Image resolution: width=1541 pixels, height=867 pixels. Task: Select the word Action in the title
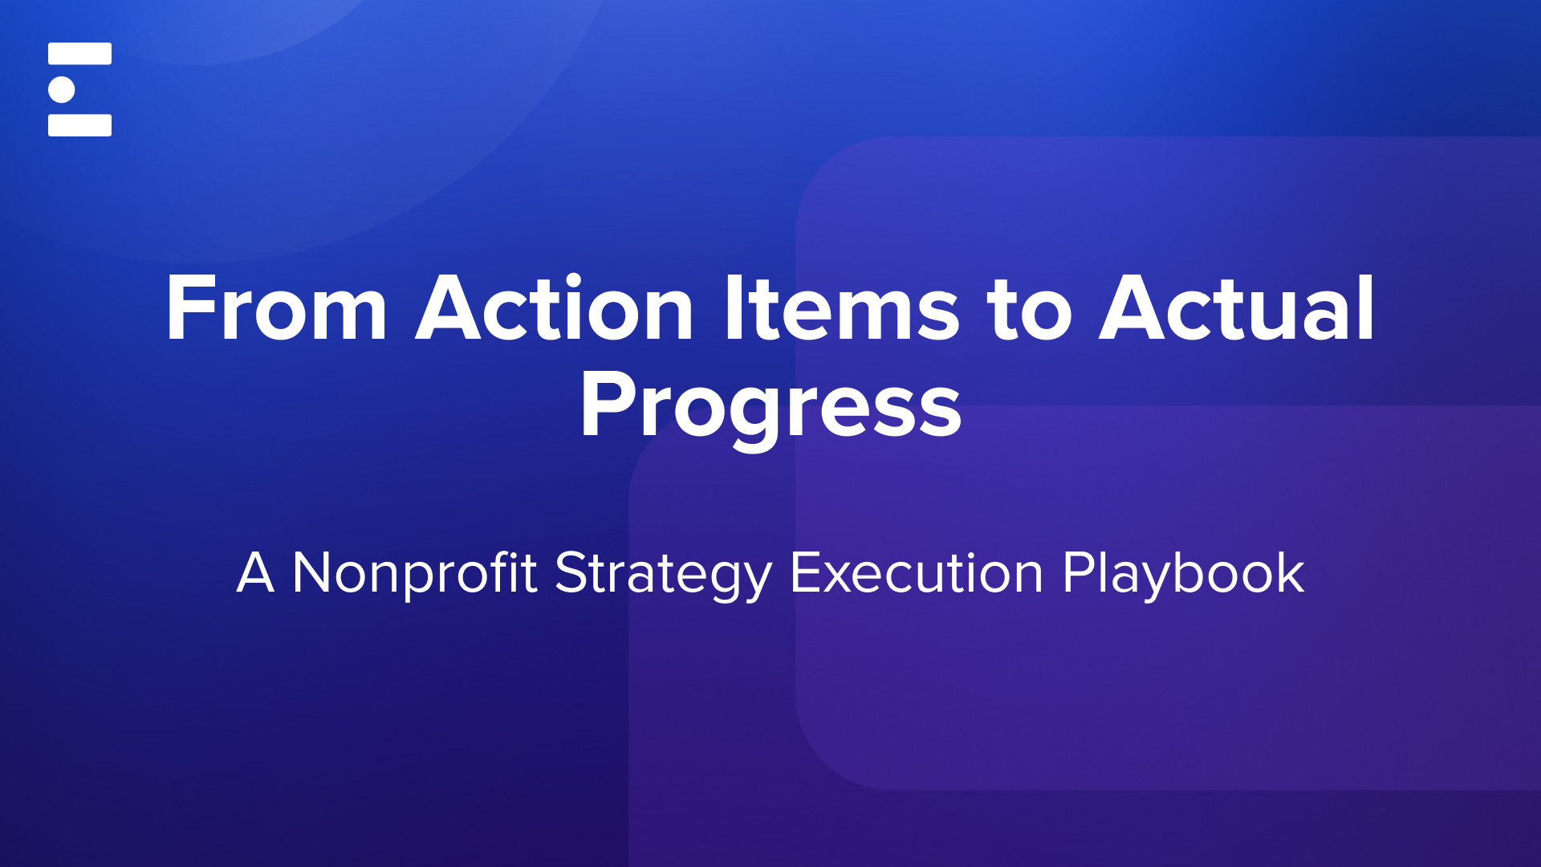[554, 309]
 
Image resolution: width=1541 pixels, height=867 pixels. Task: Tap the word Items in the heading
[840, 309]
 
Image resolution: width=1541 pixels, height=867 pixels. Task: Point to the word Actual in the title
[1237, 309]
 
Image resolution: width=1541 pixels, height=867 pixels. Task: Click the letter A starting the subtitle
[255, 573]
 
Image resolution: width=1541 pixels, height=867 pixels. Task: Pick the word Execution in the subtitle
[917, 573]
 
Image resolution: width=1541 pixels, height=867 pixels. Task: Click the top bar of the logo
[79, 54]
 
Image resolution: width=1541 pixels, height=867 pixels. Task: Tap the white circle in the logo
[62, 89]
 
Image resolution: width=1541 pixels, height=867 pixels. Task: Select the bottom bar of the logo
[79, 125]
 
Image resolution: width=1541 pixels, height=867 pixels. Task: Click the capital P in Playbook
[1078, 573]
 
